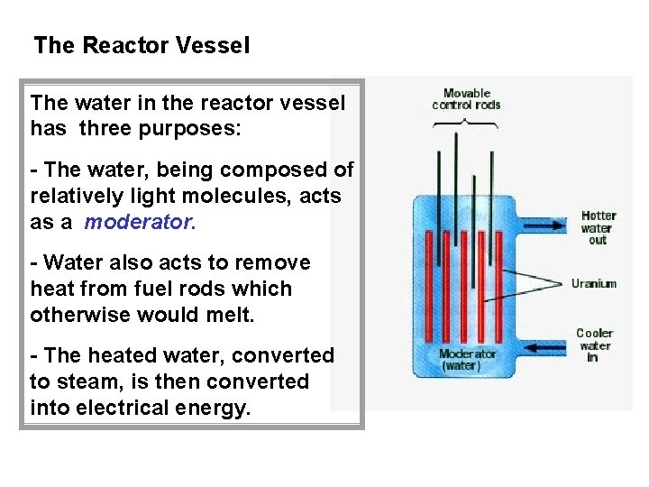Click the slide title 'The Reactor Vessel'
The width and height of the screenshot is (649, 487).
coord(142,45)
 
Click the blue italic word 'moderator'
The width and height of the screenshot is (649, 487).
coord(138,222)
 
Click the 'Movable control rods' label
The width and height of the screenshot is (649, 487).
coord(466,98)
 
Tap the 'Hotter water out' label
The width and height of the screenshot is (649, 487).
coord(599,227)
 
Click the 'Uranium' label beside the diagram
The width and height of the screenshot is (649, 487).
coord(594,283)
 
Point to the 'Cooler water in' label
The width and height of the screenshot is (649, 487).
coord(594,345)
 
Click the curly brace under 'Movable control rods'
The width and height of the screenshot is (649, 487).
coord(466,123)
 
